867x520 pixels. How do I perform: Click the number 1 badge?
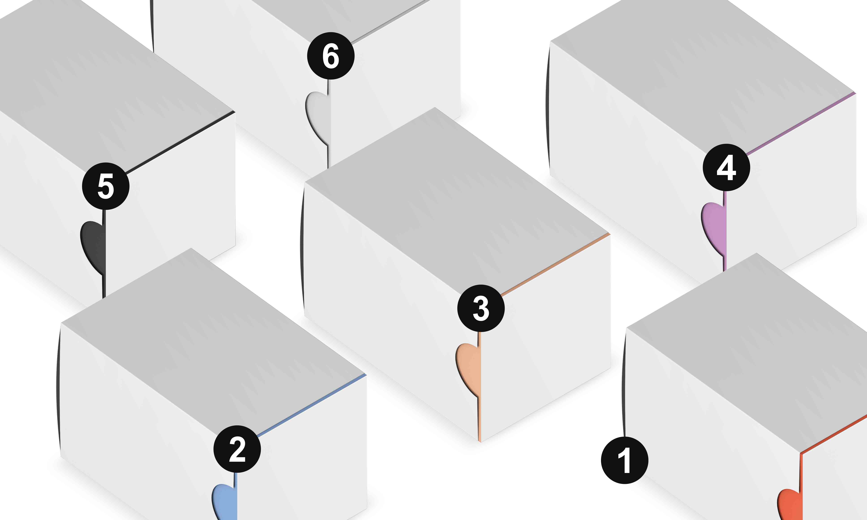624,460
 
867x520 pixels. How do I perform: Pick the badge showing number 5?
105,186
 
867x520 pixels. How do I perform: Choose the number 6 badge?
331,56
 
